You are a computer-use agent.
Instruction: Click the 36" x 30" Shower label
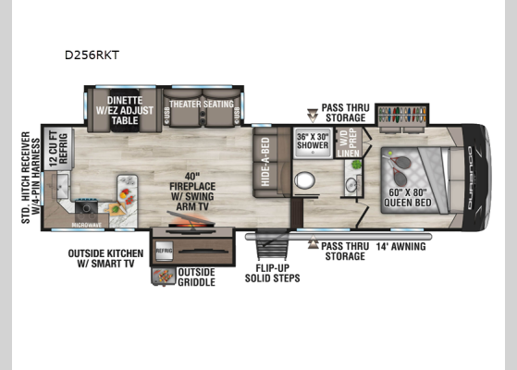312,141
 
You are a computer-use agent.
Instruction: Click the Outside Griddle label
196,277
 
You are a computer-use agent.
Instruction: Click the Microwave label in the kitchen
88,225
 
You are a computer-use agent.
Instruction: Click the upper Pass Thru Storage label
346,113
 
